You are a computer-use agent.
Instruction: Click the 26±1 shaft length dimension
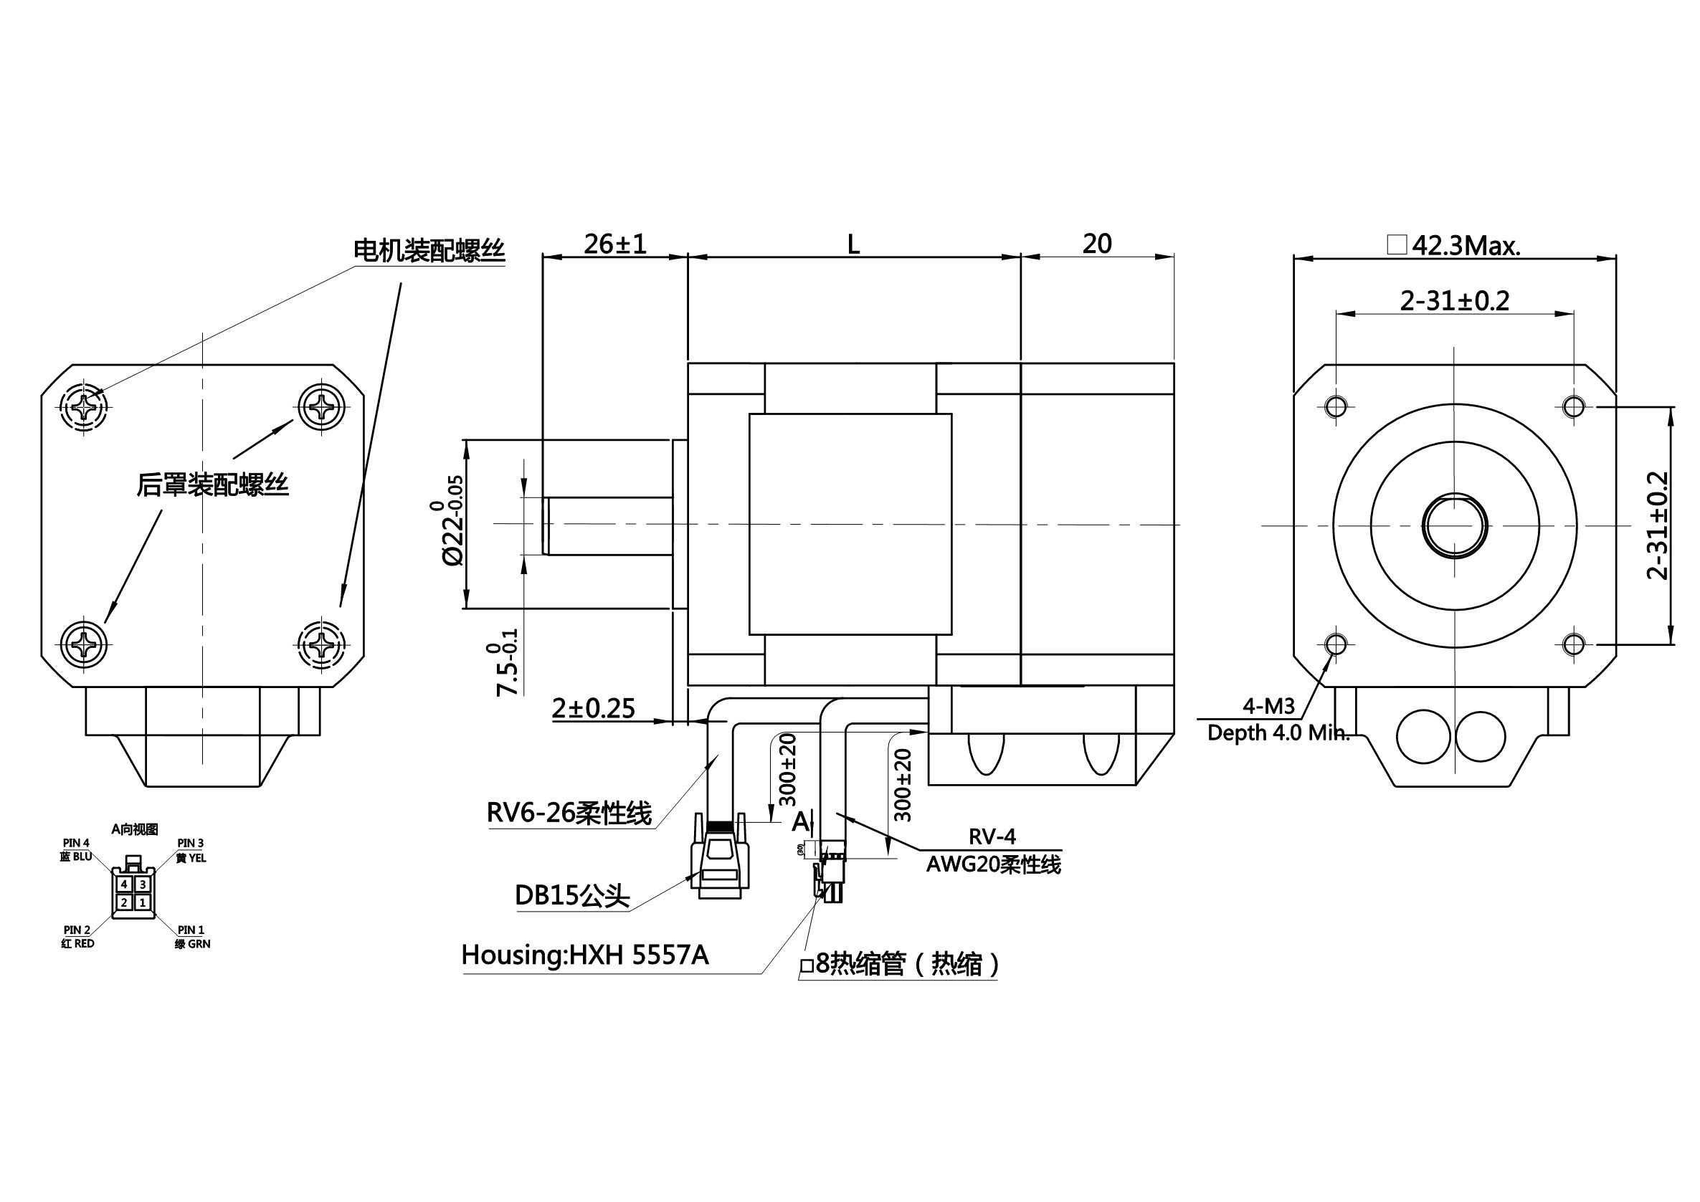614,244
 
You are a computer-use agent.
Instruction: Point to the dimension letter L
853,244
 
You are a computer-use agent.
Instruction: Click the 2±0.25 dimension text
593,709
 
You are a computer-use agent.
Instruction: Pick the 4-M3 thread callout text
1268,707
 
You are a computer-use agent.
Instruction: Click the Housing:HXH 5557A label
585,955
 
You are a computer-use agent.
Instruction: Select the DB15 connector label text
571,895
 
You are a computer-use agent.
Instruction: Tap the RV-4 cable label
992,836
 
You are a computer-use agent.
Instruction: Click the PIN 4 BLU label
76,849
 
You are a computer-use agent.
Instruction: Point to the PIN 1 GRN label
191,937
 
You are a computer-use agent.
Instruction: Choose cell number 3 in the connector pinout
143,884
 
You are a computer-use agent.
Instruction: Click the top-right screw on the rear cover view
321,406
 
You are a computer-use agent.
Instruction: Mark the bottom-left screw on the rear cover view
84,644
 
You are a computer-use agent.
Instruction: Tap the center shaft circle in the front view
1454,525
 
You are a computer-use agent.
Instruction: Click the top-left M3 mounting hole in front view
1336,406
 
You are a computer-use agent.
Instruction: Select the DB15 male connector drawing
720,862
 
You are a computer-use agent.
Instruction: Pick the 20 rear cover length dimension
1096,244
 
